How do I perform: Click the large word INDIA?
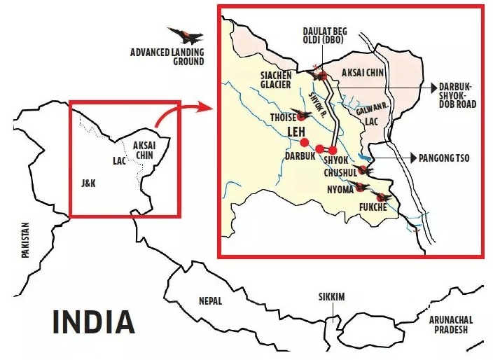tap(93, 321)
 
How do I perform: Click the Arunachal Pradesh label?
tap(451, 324)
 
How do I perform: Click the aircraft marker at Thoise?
tap(303, 115)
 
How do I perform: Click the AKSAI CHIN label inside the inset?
tap(363, 73)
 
